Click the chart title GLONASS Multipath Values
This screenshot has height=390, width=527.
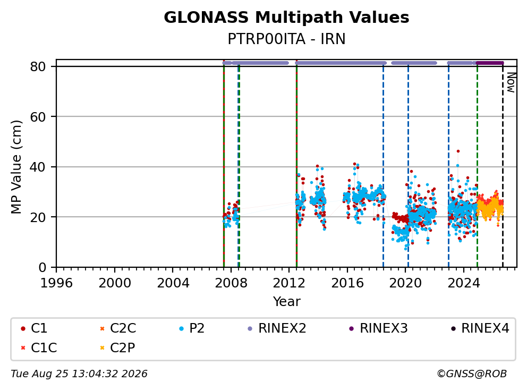(x=286, y=18)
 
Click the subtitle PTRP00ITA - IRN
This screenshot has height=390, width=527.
(x=286, y=39)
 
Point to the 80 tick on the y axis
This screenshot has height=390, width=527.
(x=38, y=66)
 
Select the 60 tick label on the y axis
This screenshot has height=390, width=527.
(x=38, y=117)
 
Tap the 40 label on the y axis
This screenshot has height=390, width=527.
(x=38, y=167)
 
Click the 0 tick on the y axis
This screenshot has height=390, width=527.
(x=42, y=267)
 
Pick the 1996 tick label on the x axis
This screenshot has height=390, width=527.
(x=56, y=283)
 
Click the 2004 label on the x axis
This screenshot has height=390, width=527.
(x=173, y=283)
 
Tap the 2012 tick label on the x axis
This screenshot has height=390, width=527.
(x=289, y=283)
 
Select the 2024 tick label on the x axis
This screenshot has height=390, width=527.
(x=463, y=283)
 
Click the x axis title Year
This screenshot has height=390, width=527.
(x=286, y=302)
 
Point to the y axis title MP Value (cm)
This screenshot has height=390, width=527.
(x=16, y=167)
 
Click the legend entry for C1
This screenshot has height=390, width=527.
(x=34, y=328)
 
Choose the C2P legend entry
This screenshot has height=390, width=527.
(x=117, y=347)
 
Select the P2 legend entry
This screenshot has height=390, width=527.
(x=192, y=328)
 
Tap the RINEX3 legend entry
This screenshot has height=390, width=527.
(x=378, y=328)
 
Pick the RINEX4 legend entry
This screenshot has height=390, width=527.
(x=480, y=328)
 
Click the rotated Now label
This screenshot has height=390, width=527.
(x=511, y=83)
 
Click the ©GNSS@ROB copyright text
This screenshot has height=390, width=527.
(x=472, y=374)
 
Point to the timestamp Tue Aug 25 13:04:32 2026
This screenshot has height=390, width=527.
(x=79, y=374)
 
